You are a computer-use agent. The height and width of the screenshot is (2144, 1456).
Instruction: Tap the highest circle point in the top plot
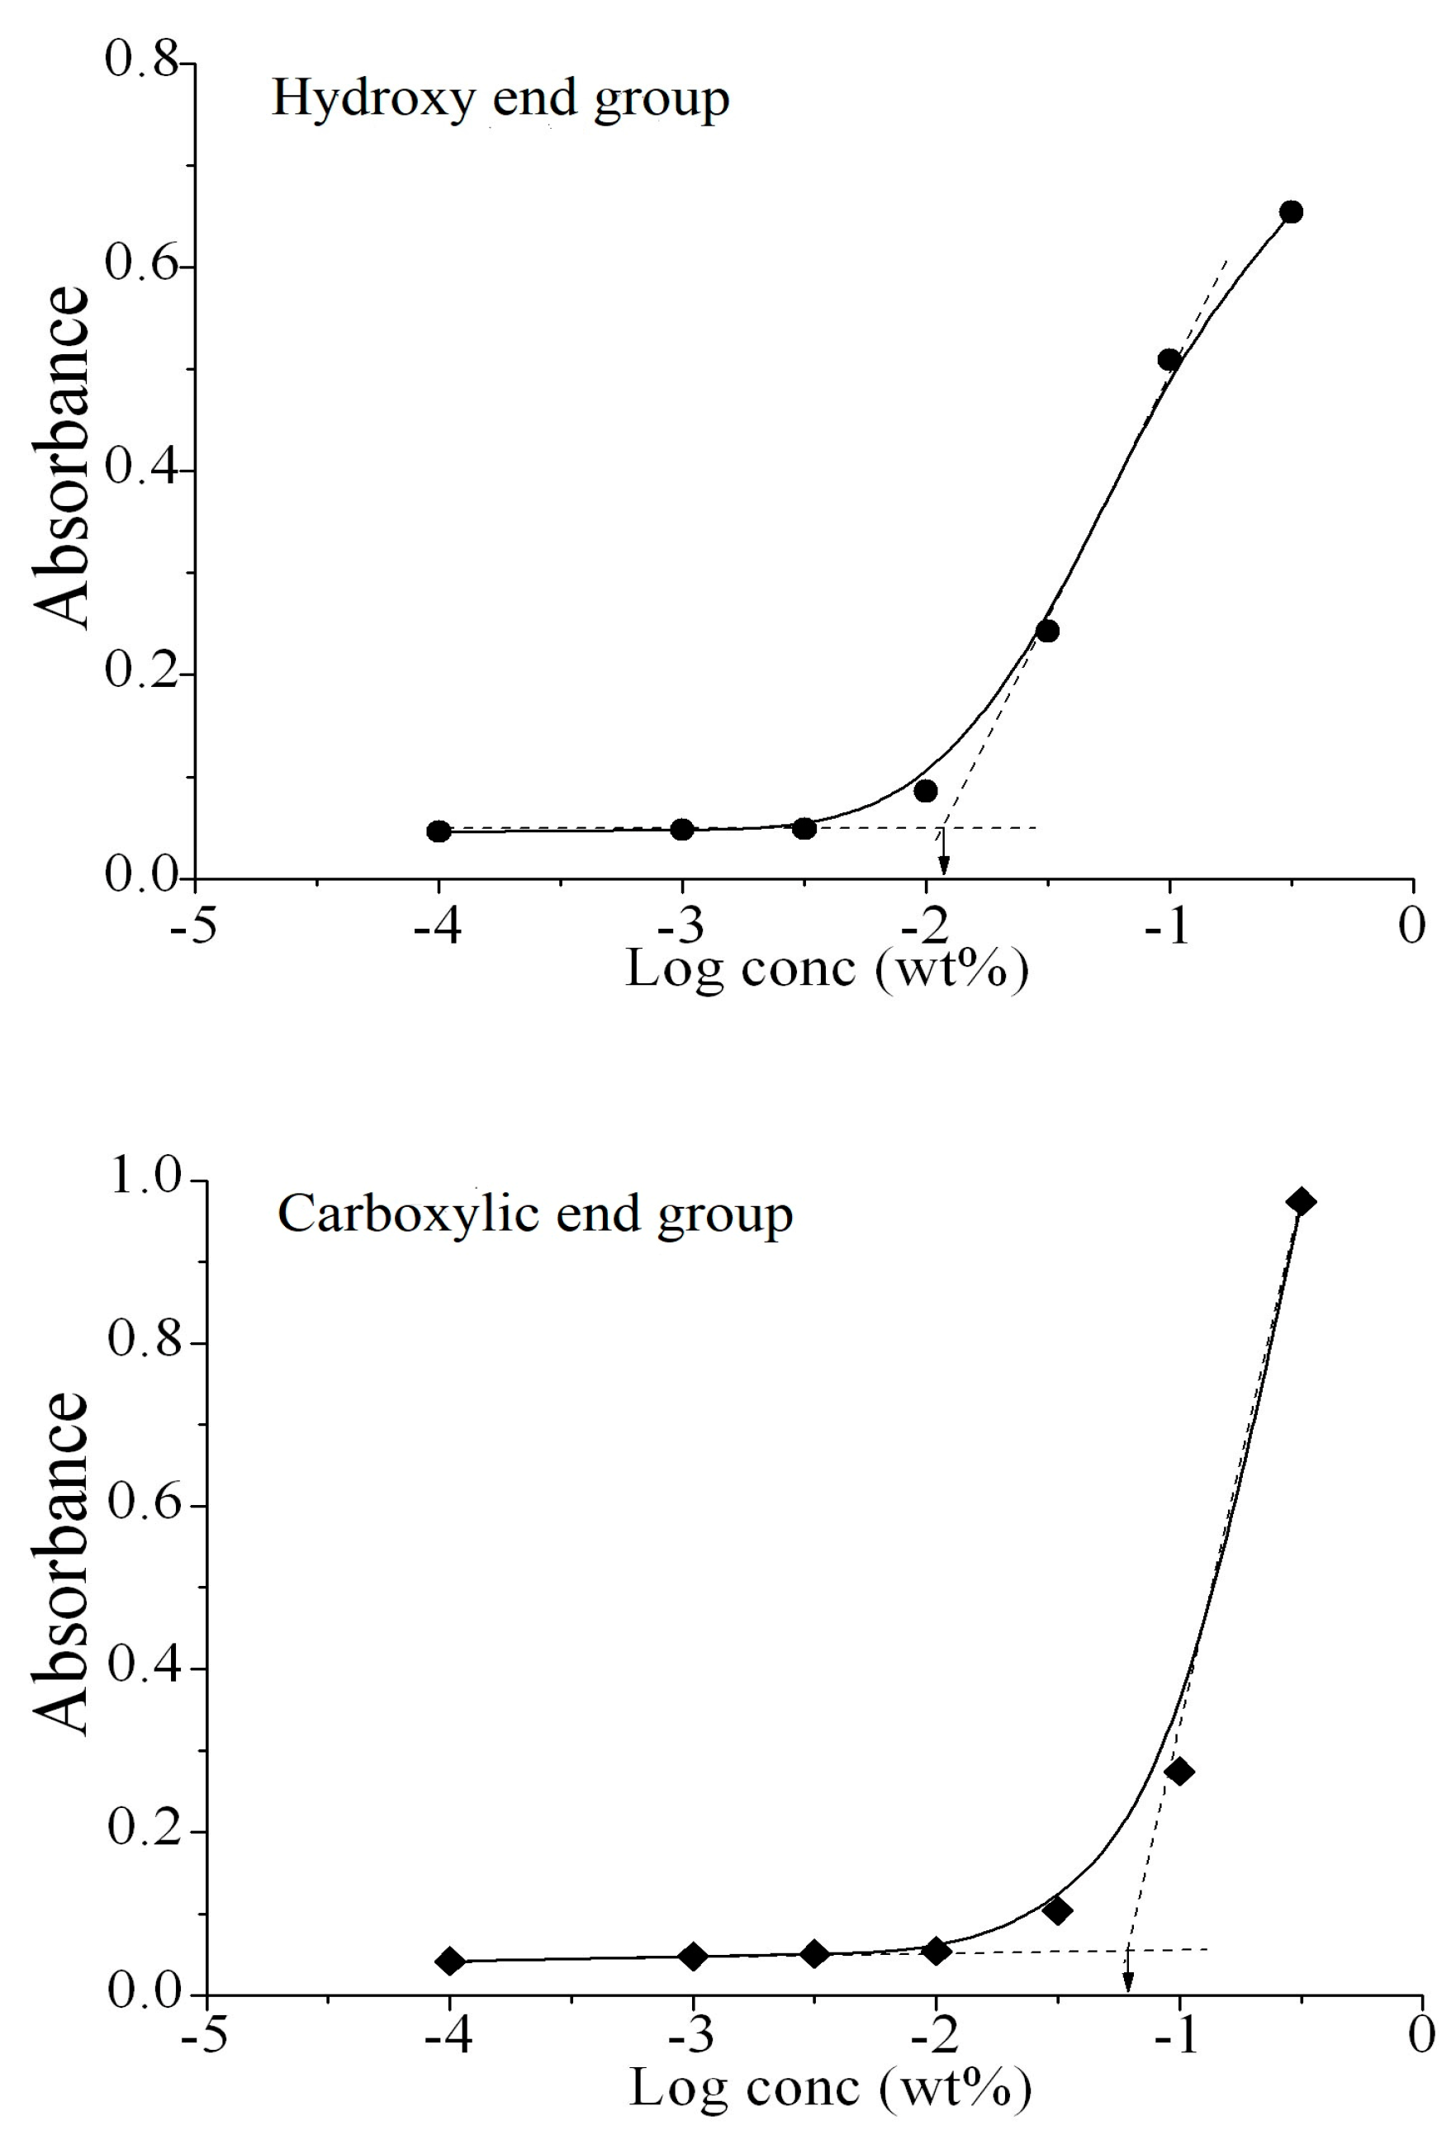click(x=1291, y=212)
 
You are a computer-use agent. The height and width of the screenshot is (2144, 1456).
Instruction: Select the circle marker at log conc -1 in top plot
click(x=1169, y=360)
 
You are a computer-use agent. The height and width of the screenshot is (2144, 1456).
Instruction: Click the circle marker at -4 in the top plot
click(x=439, y=831)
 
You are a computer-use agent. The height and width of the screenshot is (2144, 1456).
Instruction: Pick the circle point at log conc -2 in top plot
click(x=926, y=791)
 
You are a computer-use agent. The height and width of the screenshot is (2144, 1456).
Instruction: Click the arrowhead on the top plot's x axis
click(x=943, y=865)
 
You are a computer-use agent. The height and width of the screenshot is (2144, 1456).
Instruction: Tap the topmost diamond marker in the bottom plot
click(x=1302, y=1201)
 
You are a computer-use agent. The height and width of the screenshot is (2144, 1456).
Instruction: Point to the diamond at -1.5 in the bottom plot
click(x=1057, y=1910)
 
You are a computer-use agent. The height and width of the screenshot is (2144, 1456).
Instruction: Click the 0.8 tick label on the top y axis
click(x=140, y=61)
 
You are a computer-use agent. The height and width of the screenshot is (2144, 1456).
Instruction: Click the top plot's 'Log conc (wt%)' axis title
click(x=827, y=968)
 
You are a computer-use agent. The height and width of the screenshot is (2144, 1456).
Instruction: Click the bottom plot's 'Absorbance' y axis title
click(x=63, y=1564)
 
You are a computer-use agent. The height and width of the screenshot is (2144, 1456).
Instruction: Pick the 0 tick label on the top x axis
click(x=1411, y=925)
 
